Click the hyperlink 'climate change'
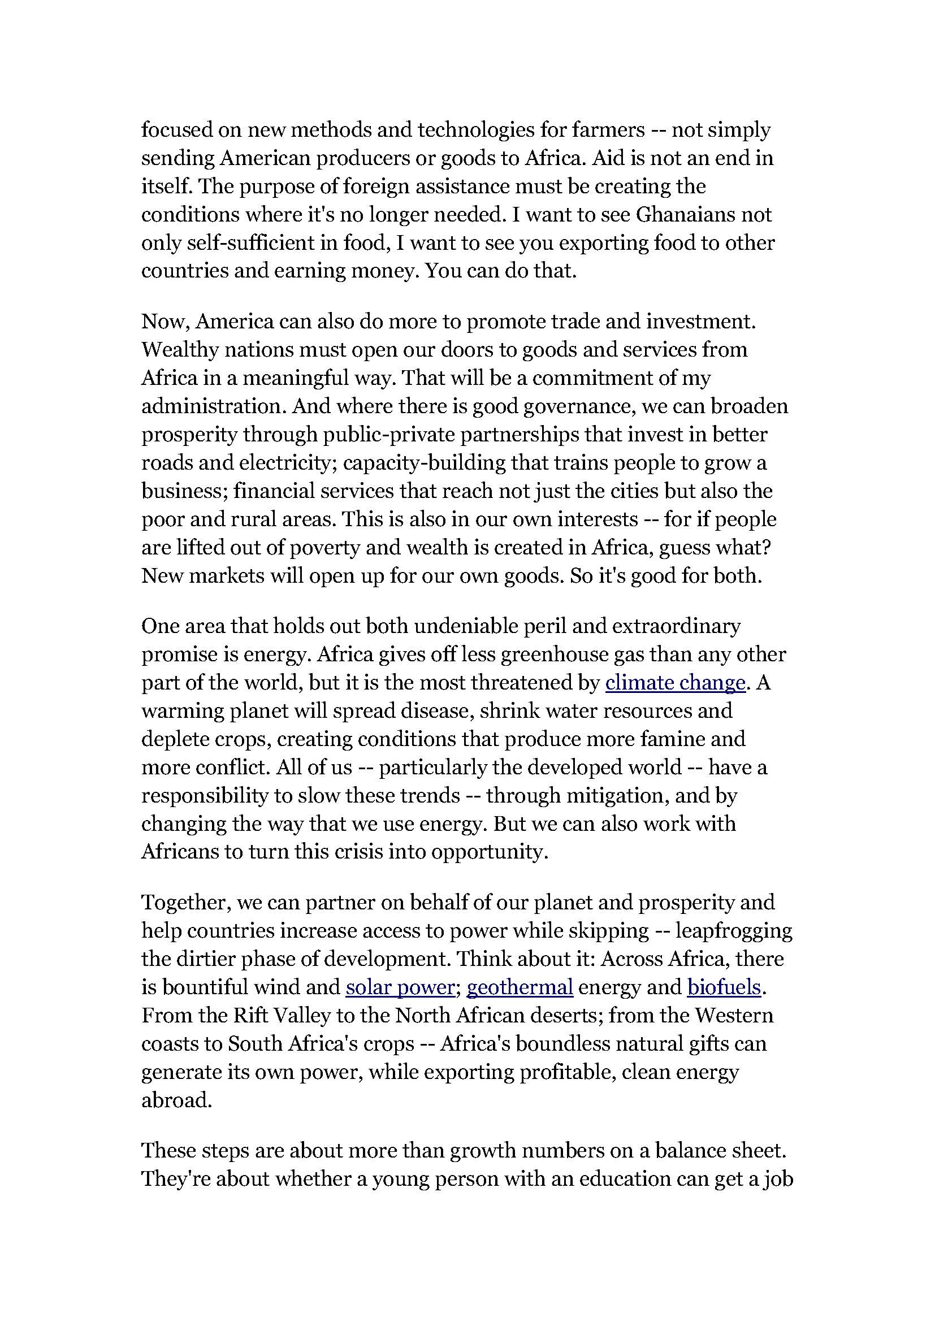(x=676, y=683)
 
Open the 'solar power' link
(x=400, y=987)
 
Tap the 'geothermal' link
(x=520, y=987)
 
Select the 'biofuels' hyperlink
(x=724, y=987)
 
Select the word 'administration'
(x=213, y=406)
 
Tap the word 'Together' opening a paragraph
(x=186, y=902)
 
